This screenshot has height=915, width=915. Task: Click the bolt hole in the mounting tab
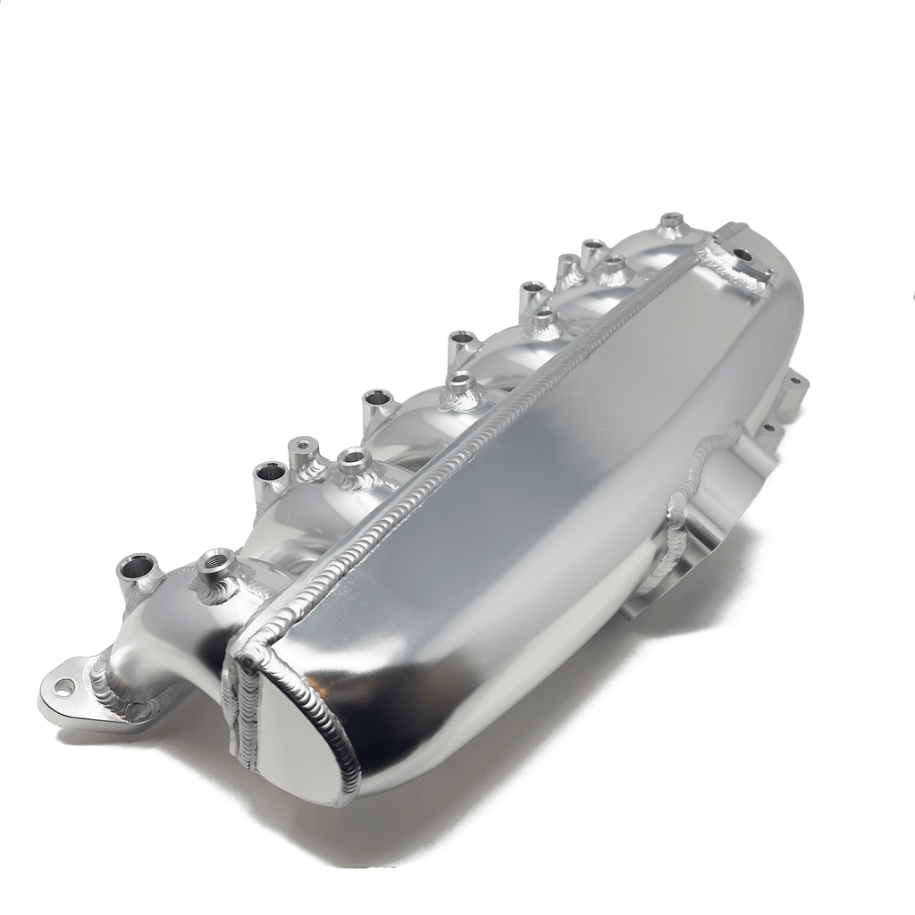coord(64,686)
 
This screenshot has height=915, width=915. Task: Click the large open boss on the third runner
coord(377,399)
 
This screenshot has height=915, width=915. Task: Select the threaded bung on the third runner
coord(459,382)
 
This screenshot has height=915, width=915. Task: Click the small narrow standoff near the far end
coord(568,263)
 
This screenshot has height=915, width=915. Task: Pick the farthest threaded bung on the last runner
coord(671,220)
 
